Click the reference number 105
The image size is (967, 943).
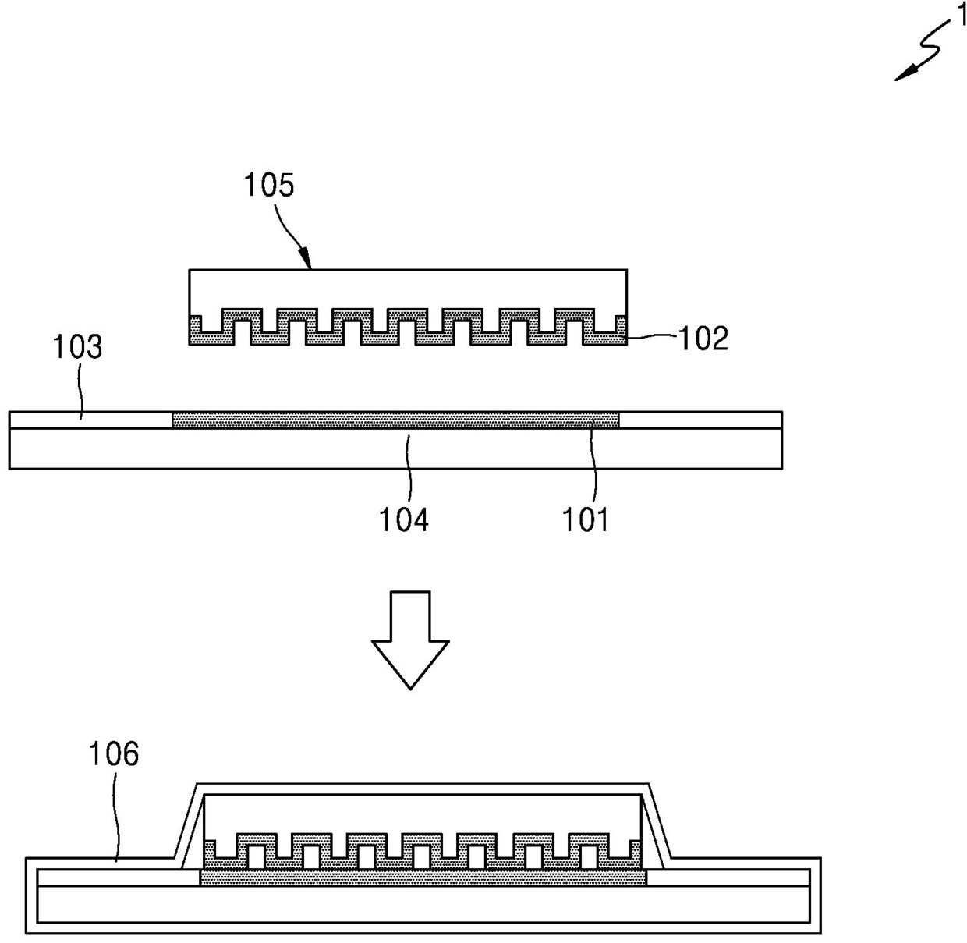click(x=269, y=186)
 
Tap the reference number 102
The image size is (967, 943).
click(x=703, y=339)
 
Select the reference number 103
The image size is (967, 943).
click(x=77, y=346)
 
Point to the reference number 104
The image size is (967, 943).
click(x=403, y=520)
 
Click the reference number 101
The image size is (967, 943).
click(x=585, y=520)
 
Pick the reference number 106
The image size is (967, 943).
click(x=113, y=753)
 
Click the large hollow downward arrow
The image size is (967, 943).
click(x=410, y=640)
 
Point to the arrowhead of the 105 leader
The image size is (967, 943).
click(x=306, y=261)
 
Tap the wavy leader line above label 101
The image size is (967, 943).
click(x=593, y=463)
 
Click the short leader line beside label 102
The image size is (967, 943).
click(x=652, y=338)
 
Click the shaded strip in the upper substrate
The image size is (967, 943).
click(x=395, y=420)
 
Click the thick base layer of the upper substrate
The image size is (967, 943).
click(x=395, y=448)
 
